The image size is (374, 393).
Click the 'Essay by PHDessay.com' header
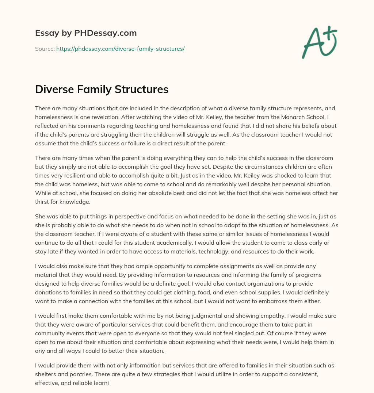pos(86,33)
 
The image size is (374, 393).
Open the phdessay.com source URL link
pos(120,49)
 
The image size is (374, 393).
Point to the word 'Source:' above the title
pos(45,49)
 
